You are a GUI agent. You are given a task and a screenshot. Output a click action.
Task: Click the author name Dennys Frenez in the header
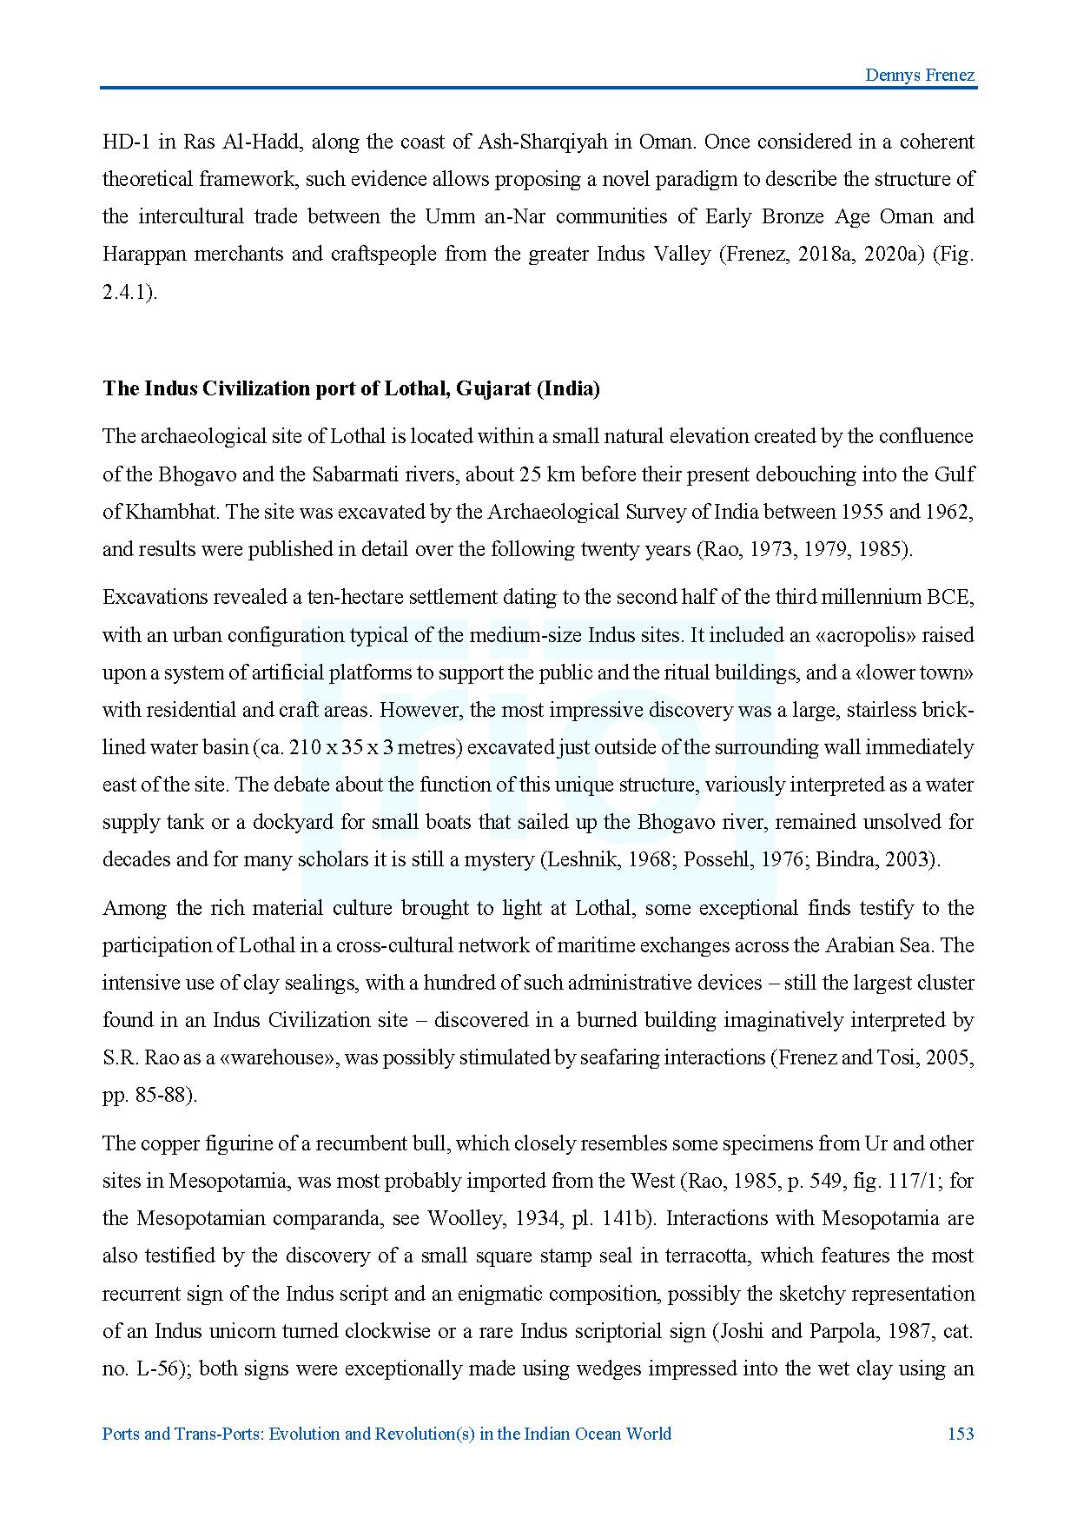pyautogui.click(x=920, y=75)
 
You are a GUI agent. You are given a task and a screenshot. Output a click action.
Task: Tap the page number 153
pyautogui.click(x=960, y=1434)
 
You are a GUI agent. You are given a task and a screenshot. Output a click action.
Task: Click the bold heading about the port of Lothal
pyautogui.click(x=351, y=388)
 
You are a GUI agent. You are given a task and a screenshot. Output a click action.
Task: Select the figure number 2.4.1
pyautogui.click(x=127, y=292)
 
